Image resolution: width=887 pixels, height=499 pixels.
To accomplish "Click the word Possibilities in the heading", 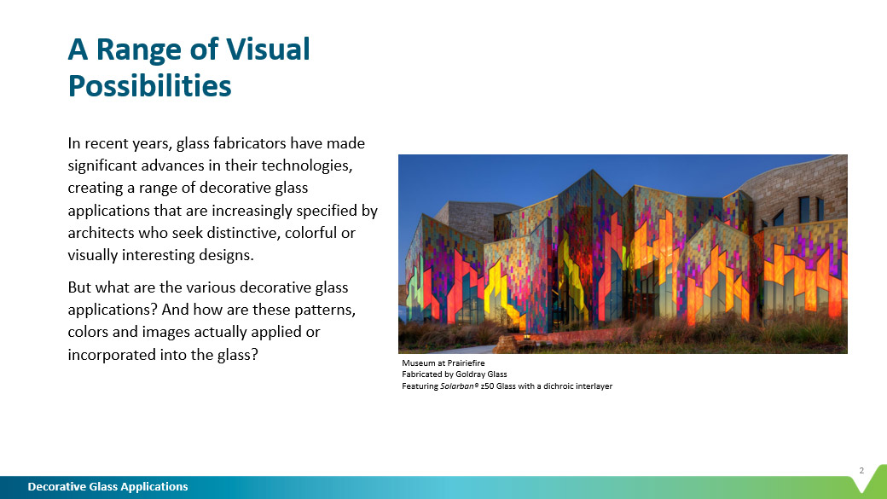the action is (149, 86).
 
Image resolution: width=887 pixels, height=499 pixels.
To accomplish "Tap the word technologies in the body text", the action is (306, 165).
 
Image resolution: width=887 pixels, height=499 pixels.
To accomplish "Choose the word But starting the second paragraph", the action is (79, 287).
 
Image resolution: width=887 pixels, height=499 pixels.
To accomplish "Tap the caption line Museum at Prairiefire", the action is (443, 363).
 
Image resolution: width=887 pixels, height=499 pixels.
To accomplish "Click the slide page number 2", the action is (861, 470).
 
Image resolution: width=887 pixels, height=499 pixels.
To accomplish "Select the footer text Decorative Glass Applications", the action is (108, 486).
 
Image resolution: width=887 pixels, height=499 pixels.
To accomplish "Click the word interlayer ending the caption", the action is (595, 386).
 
